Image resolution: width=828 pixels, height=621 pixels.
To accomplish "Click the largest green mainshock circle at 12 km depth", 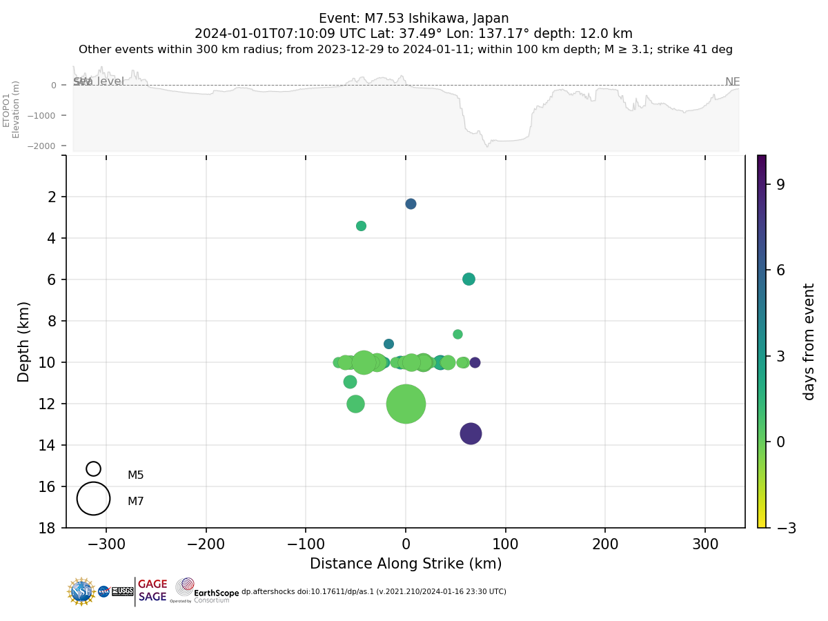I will pyautogui.click(x=406, y=404).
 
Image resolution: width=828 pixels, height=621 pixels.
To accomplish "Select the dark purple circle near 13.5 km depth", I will pyautogui.click(x=471, y=433).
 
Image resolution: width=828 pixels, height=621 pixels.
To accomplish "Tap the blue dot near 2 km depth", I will pyautogui.click(x=411, y=204).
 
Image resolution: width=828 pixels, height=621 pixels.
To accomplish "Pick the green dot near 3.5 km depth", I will pyautogui.click(x=361, y=226).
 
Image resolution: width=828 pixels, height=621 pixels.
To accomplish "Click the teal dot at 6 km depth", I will pyautogui.click(x=469, y=279).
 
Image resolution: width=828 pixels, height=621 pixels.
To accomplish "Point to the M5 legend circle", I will pyautogui.click(x=93, y=469).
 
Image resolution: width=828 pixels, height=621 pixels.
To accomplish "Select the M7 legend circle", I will pyautogui.click(x=93, y=498).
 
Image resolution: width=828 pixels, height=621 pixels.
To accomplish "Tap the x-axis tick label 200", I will pyautogui.click(x=605, y=544).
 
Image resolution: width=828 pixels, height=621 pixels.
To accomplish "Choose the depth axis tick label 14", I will pyautogui.click(x=48, y=445).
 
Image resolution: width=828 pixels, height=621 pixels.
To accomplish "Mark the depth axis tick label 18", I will pyautogui.click(x=48, y=528).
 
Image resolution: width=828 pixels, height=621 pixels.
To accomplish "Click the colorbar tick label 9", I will pyautogui.click(x=780, y=184).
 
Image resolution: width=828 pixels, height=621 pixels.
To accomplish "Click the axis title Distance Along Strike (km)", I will pyautogui.click(x=406, y=564).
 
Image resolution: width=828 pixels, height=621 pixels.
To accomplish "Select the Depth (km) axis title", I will pyautogui.click(x=24, y=342).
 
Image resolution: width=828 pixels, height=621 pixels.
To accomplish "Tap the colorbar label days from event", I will pyautogui.click(x=809, y=342).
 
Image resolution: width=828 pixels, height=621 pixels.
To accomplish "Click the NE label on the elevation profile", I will pyautogui.click(x=732, y=82).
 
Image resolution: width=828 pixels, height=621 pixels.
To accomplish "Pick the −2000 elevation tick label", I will pyautogui.click(x=43, y=146).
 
